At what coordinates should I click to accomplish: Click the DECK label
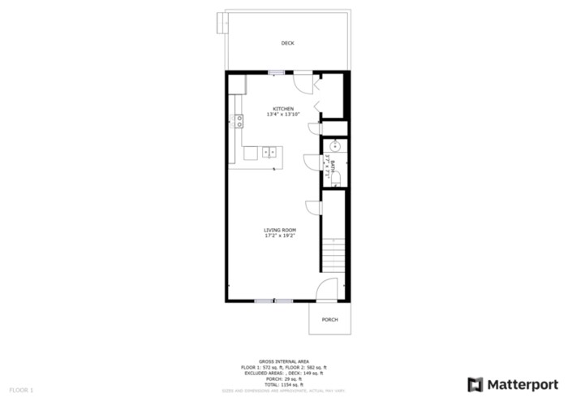pyautogui.click(x=287, y=43)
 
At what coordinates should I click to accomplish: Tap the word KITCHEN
pyautogui.click(x=283, y=109)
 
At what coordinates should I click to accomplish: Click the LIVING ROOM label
pyautogui.click(x=279, y=230)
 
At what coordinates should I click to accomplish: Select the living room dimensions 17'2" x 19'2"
pyautogui.click(x=279, y=236)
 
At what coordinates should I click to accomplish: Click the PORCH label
pyautogui.click(x=329, y=319)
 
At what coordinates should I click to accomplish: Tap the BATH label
pyautogui.click(x=331, y=166)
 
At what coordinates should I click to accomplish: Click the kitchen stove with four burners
pyautogui.click(x=239, y=122)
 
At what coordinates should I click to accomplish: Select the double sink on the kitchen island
pyautogui.click(x=269, y=151)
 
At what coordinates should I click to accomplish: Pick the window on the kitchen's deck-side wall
pyautogui.click(x=277, y=73)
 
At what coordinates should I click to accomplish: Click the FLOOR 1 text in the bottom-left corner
pyautogui.click(x=21, y=391)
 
